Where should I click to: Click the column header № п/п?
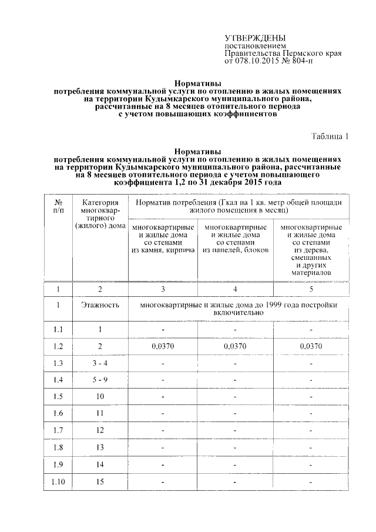58,205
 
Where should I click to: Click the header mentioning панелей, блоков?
235,238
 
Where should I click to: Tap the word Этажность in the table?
100,305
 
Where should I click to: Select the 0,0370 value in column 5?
311,346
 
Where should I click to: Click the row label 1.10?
58,483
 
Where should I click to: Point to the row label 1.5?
58,397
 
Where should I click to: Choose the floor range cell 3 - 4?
100,363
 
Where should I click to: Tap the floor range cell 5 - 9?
100,380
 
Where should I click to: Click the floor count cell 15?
100,483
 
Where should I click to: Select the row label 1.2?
58,346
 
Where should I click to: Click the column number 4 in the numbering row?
235,289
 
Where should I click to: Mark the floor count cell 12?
100,431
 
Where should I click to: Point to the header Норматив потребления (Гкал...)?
237,205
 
